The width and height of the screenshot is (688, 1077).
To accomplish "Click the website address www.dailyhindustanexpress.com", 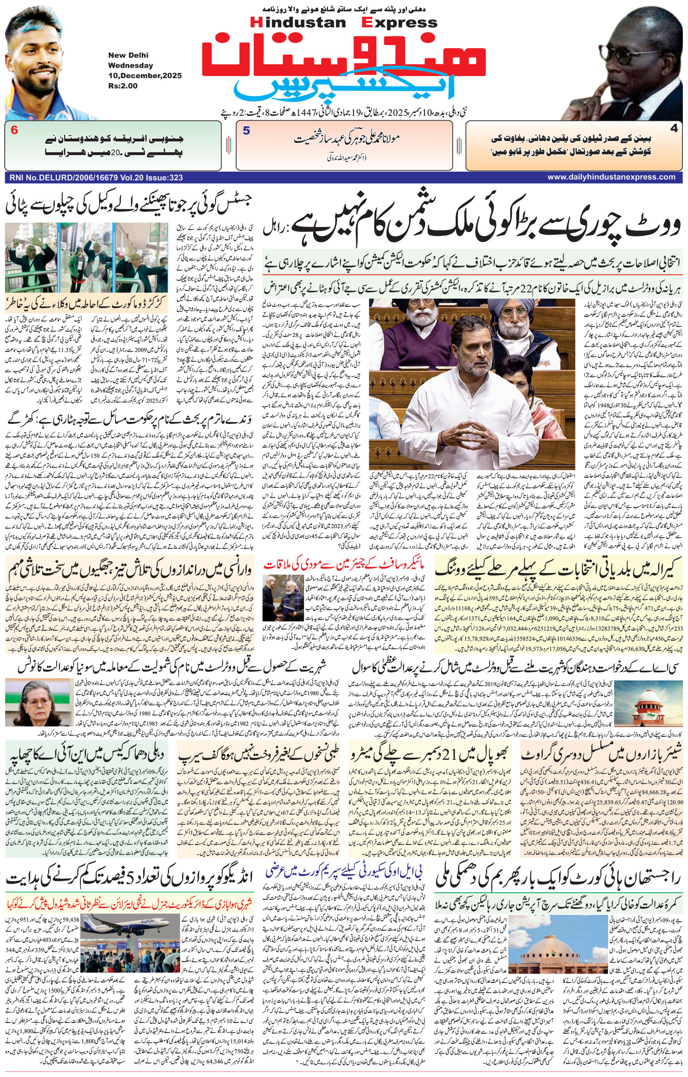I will (612, 177).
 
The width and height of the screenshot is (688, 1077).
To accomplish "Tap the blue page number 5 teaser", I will (246, 131).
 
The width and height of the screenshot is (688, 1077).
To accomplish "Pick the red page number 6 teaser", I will (14, 130).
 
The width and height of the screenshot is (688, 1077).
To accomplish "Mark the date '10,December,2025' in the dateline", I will (145, 76).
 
